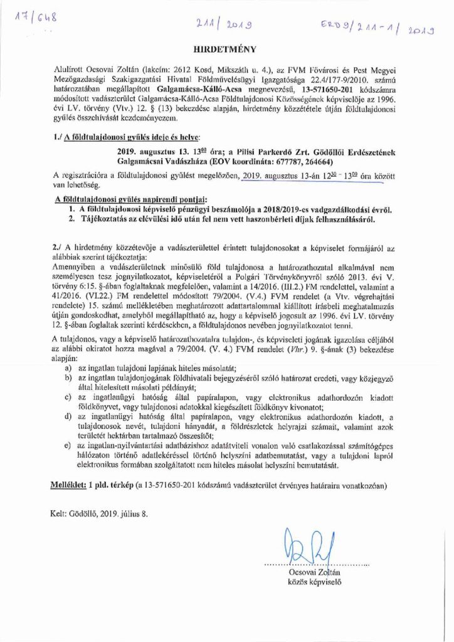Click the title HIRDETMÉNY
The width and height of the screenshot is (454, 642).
[227, 47]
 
